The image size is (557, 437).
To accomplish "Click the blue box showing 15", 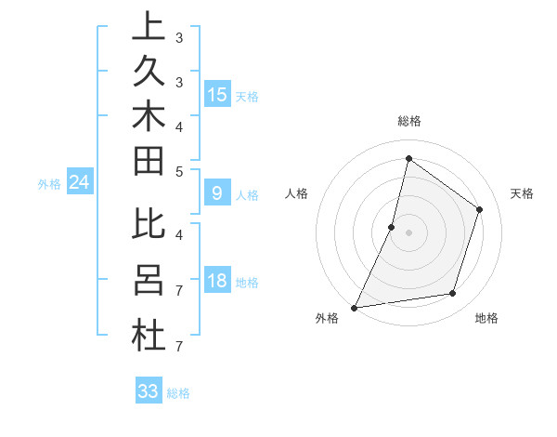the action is click(217, 94).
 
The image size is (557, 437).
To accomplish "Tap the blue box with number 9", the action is click(217, 193).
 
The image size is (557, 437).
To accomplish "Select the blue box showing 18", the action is click(217, 282).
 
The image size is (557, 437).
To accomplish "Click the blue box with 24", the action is click(79, 183).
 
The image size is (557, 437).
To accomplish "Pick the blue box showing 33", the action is click(149, 391).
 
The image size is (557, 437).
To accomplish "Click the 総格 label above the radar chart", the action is click(409, 121).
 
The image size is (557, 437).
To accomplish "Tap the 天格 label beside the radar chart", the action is click(522, 193).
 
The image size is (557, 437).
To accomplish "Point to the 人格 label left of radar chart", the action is click(296, 193).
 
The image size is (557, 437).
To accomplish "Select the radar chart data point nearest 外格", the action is click(354, 307).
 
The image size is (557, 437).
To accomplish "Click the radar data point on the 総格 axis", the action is click(408, 158).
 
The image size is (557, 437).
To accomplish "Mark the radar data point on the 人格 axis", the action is click(392, 227).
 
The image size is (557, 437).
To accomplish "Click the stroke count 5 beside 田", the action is click(179, 171).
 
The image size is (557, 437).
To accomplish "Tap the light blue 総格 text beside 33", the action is click(178, 393).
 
